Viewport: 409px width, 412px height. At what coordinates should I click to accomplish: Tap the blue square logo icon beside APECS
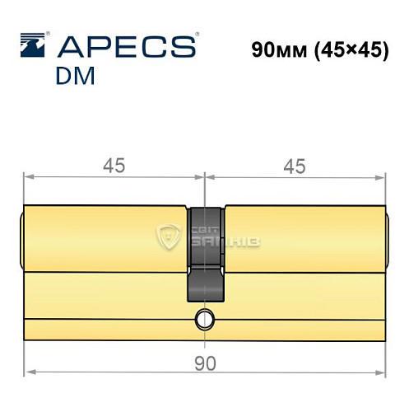click(34, 45)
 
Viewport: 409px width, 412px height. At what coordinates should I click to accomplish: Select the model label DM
click(77, 77)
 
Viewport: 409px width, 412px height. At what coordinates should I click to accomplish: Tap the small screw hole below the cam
click(203, 317)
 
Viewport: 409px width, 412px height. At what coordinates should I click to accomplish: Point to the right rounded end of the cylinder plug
click(388, 239)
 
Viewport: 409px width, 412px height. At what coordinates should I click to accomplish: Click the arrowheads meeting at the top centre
click(205, 176)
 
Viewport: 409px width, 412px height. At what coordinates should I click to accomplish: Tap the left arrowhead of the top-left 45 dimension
click(28, 176)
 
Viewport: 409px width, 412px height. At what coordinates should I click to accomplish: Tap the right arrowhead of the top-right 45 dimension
click(381, 176)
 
